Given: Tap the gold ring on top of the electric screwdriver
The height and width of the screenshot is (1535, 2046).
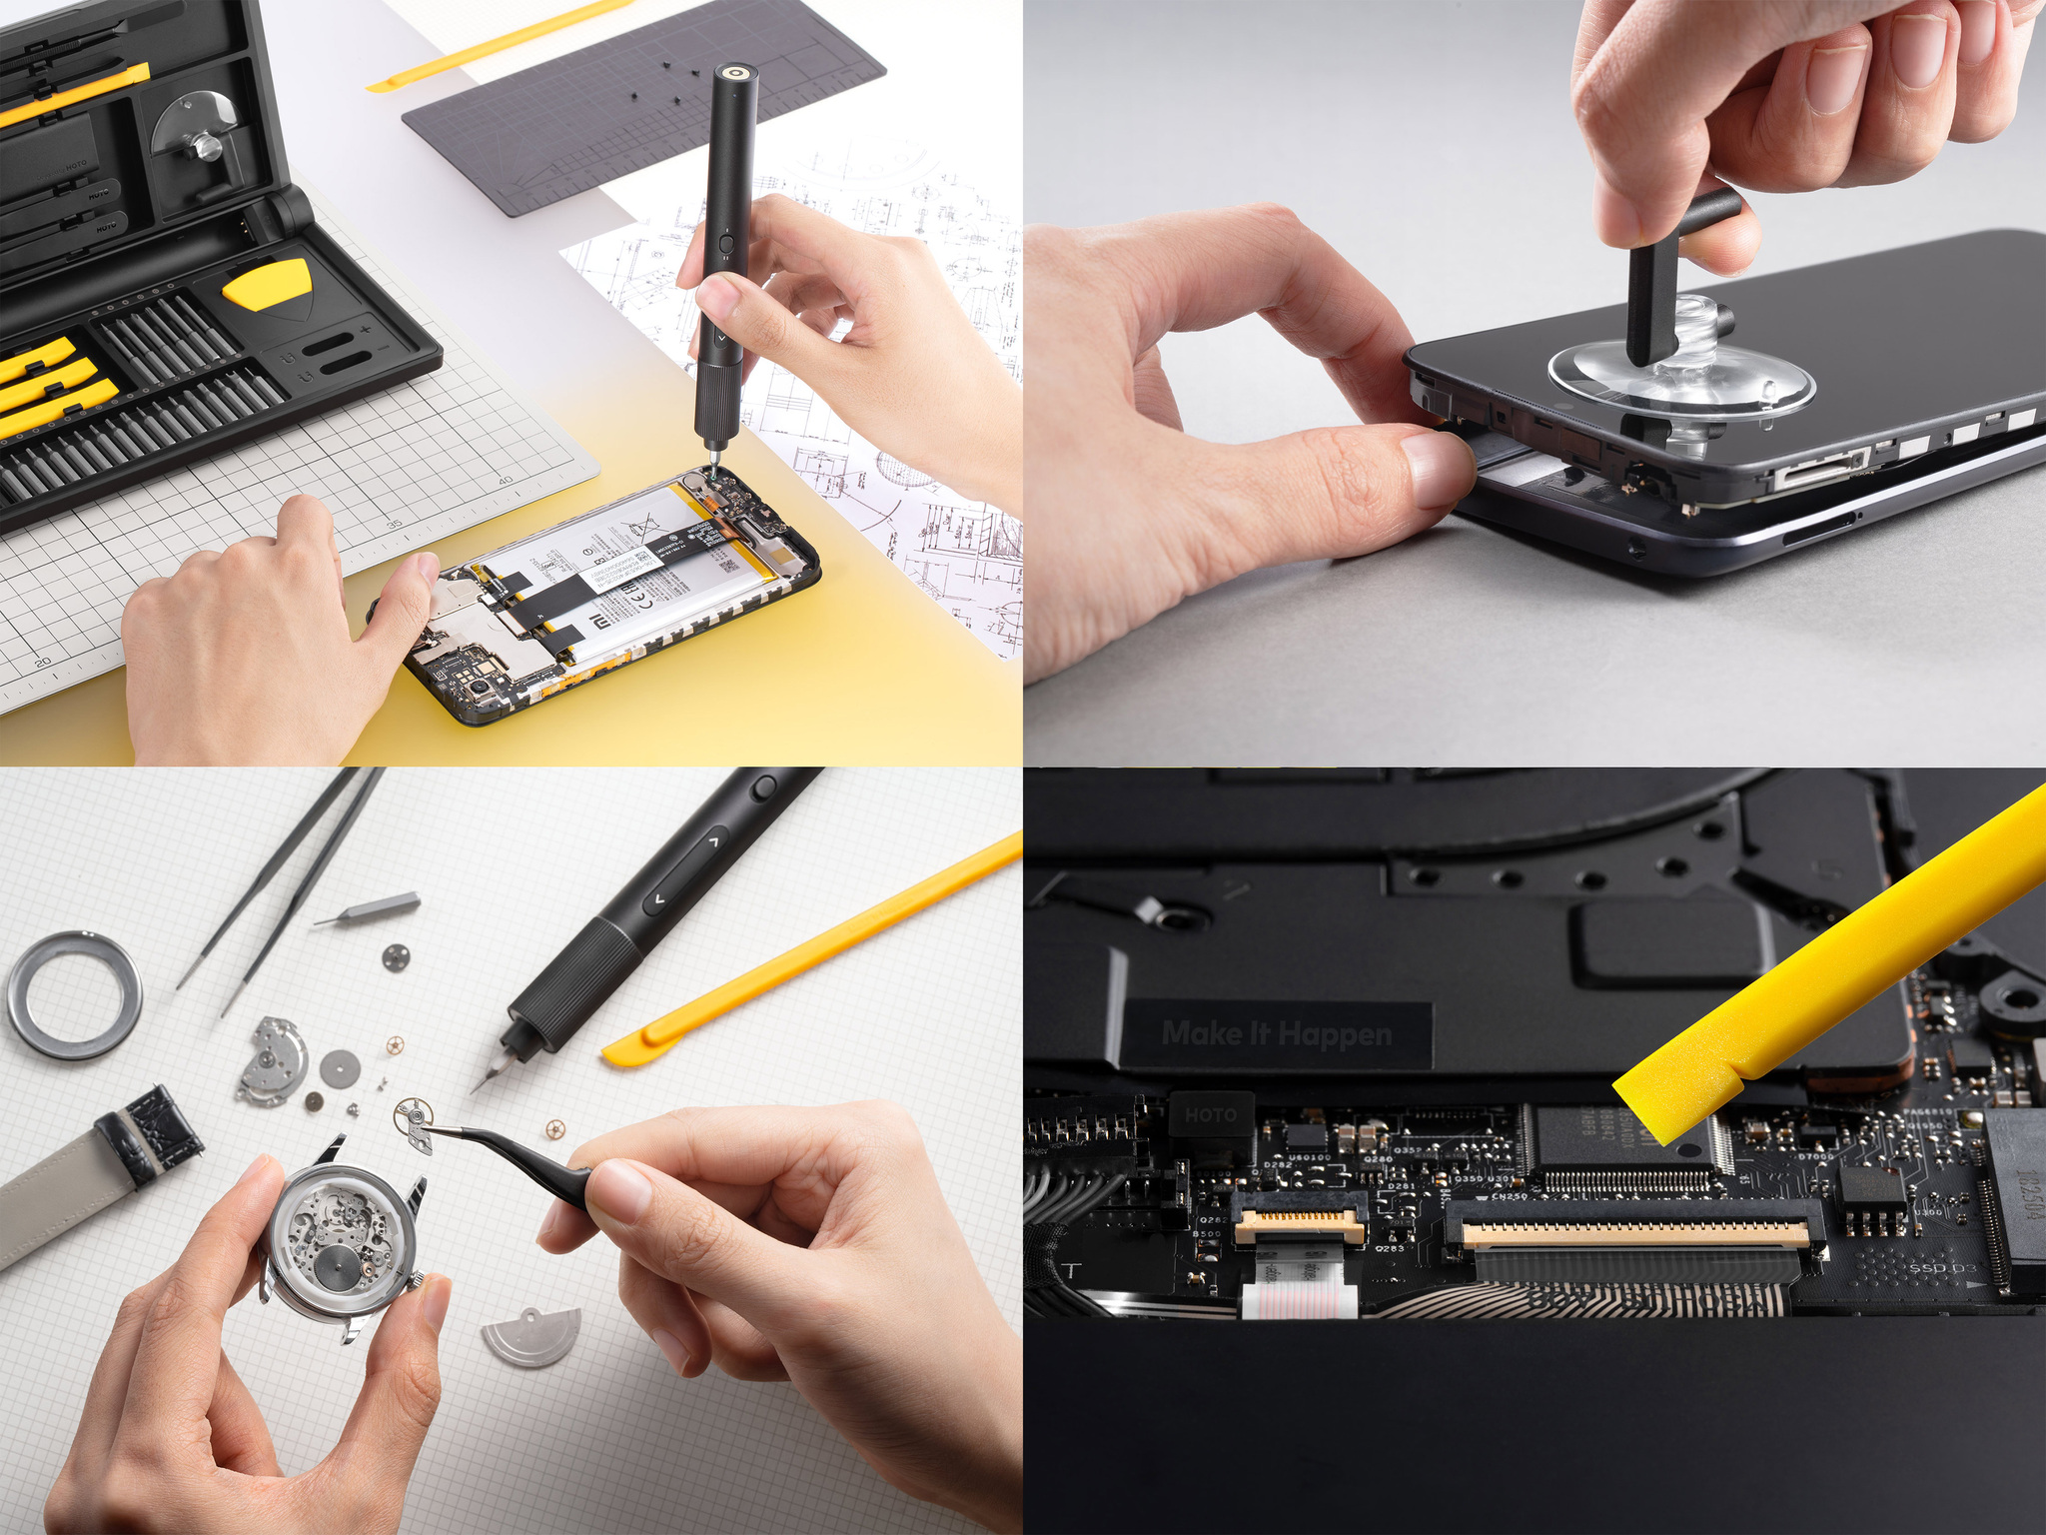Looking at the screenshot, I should pos(736,75).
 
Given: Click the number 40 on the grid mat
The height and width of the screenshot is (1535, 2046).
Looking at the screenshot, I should pos(506,481).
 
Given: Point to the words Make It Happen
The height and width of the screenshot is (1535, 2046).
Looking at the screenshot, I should pos(1276,1033).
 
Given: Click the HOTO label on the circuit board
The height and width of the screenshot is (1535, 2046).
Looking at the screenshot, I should pos(1211,1114).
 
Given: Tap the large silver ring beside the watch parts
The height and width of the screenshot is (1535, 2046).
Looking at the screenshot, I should pos(74,994).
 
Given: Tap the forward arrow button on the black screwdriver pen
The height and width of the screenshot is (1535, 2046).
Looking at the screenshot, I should pos(712,842).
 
